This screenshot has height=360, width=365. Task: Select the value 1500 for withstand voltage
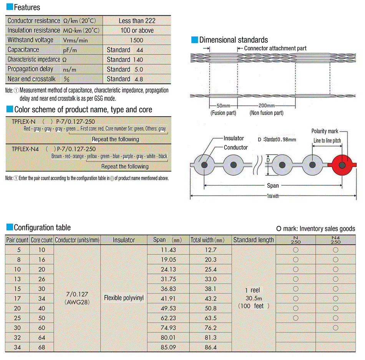(136, 40)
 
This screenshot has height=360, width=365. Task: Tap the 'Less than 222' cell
(136, 21)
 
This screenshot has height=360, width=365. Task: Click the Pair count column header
(17, 240)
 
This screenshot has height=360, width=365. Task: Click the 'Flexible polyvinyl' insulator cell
(124, 298)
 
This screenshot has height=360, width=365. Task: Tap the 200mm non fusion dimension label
(266, 106)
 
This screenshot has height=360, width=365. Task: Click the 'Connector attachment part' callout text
(275, 48)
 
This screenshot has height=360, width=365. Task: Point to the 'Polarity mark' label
(325, 132)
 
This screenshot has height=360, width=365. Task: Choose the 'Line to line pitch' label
(327, 141)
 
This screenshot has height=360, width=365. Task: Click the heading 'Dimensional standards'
(233, 40)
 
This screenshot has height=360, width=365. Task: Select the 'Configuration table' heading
(42, 227)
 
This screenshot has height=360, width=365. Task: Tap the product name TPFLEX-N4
(27, 149)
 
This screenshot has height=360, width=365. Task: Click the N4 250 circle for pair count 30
(335, 328)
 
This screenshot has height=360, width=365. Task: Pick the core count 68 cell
(41, 347)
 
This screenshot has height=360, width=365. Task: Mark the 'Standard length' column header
(253, 240)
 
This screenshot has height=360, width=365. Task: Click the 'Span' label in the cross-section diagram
(273, 186)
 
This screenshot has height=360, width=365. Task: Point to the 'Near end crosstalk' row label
(32, 79)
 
